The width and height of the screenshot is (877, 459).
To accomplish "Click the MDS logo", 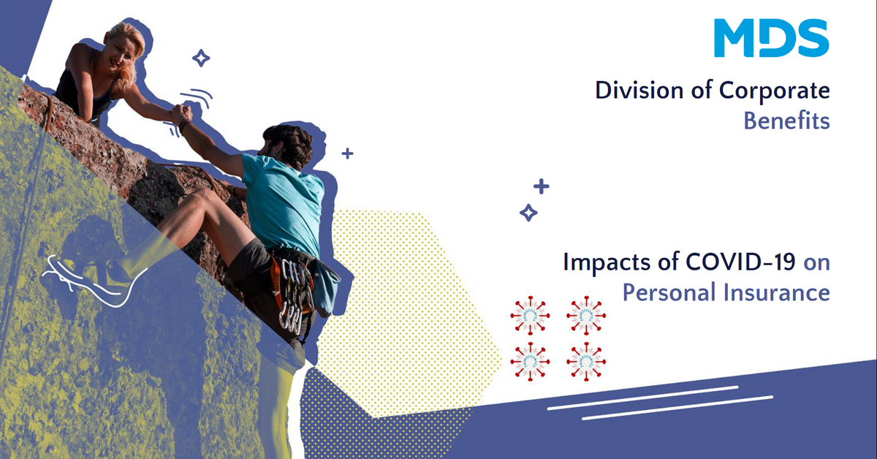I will pyautogui.click(x=771, y=38).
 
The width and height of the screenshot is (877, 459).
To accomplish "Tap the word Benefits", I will pyautogui.click(x=786, y=121).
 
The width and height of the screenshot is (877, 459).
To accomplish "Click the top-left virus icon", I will pyautogui.click(x=527, y=315).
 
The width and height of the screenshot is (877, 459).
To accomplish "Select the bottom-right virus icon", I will pyautogui.click(x=585, y=360).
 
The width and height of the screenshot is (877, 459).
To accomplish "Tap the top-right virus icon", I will pyautogui.click(x=585, y=315).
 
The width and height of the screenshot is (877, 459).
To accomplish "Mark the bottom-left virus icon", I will pyautogui.click(x=527, y=360).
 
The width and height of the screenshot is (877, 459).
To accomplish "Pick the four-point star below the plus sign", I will pyautogui.click(x=528, y=213).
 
